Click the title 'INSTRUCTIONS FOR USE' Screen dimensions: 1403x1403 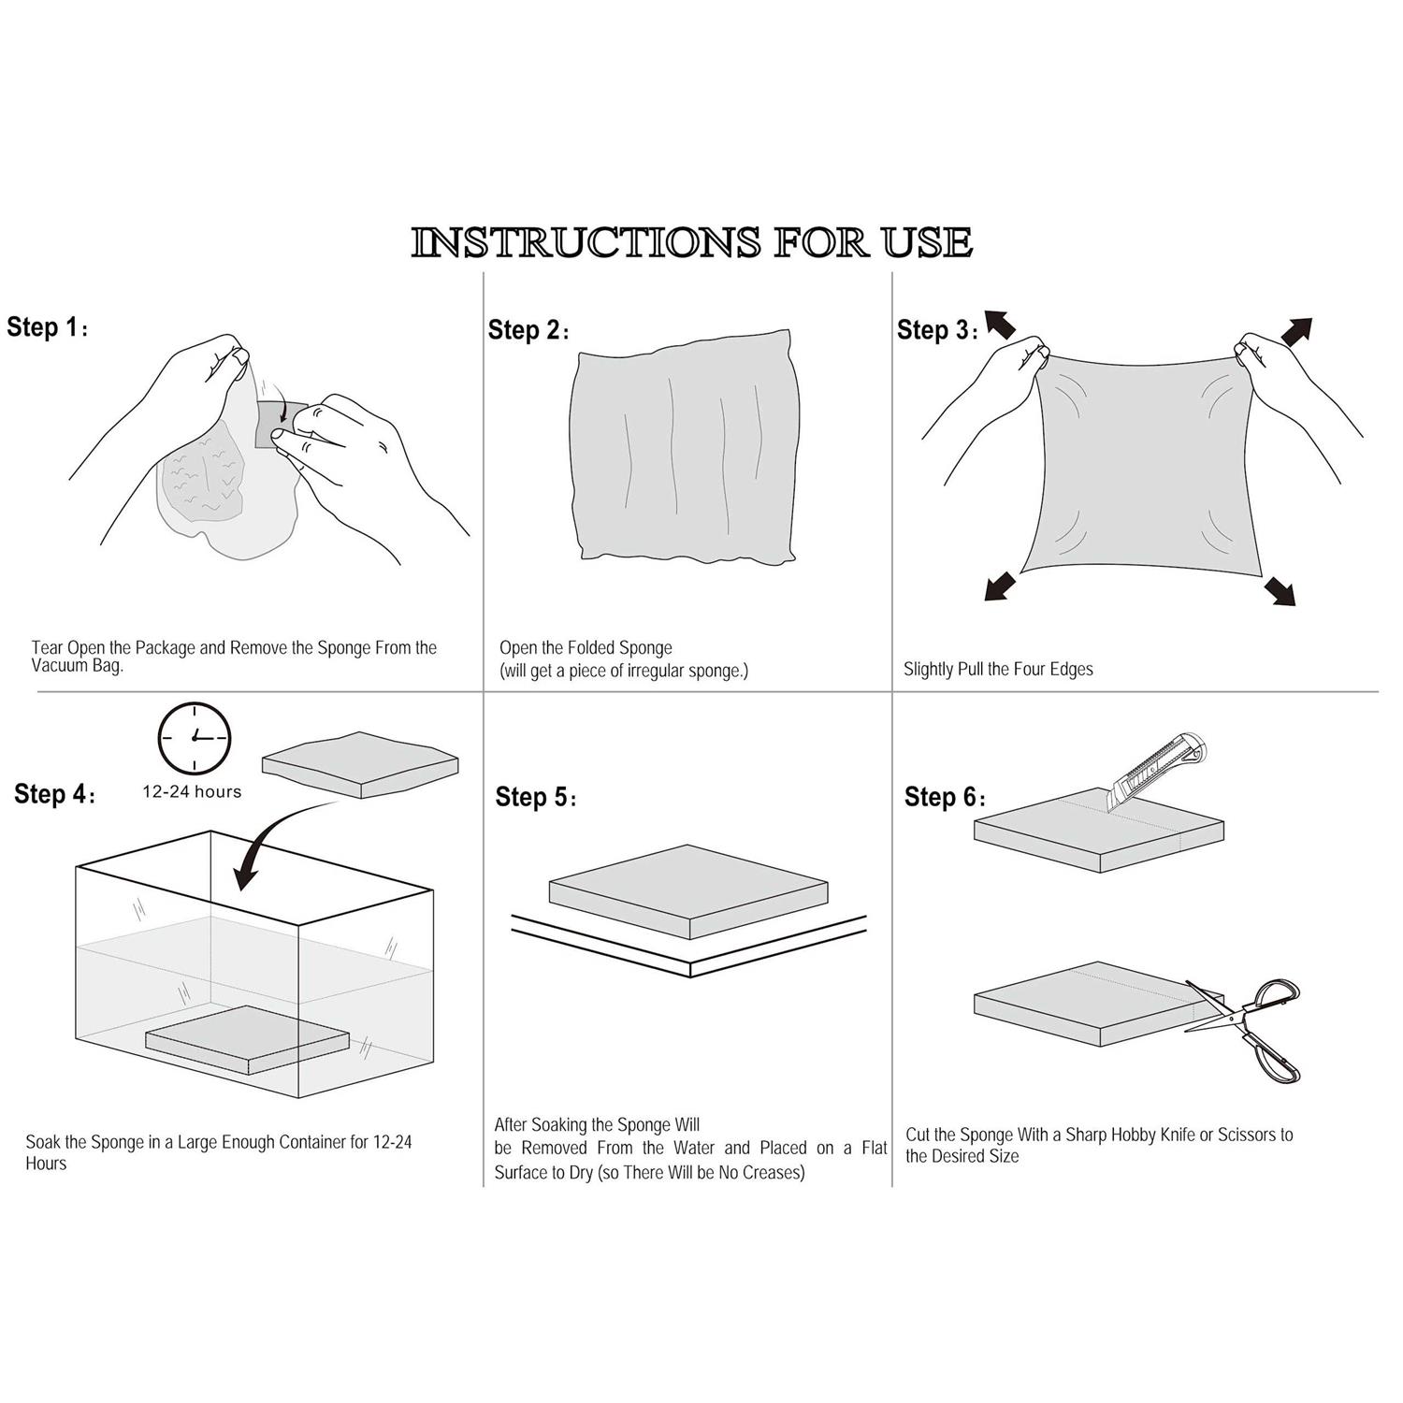(692, 242)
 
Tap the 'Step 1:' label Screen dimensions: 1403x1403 (48, 327)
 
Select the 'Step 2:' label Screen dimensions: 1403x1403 (528, 330)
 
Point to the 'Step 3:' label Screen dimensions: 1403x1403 (937, 330)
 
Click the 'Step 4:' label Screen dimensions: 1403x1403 (54, 794)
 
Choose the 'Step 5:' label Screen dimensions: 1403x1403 (536, 797)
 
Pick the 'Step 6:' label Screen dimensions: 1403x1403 (945, 797)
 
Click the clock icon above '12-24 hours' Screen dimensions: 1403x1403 (195, 737)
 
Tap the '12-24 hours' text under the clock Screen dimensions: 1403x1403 (192, 791)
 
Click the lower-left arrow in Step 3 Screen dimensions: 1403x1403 (1000, 586)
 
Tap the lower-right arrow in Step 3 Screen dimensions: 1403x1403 (1280, 591)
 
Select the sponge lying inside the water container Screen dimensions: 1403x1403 (247, 1039)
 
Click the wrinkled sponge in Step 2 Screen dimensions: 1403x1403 (685, 447)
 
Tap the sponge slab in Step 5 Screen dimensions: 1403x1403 (688, 891)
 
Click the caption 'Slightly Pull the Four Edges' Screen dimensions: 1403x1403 (998, 670)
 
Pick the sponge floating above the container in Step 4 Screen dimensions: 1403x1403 (360, 764)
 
